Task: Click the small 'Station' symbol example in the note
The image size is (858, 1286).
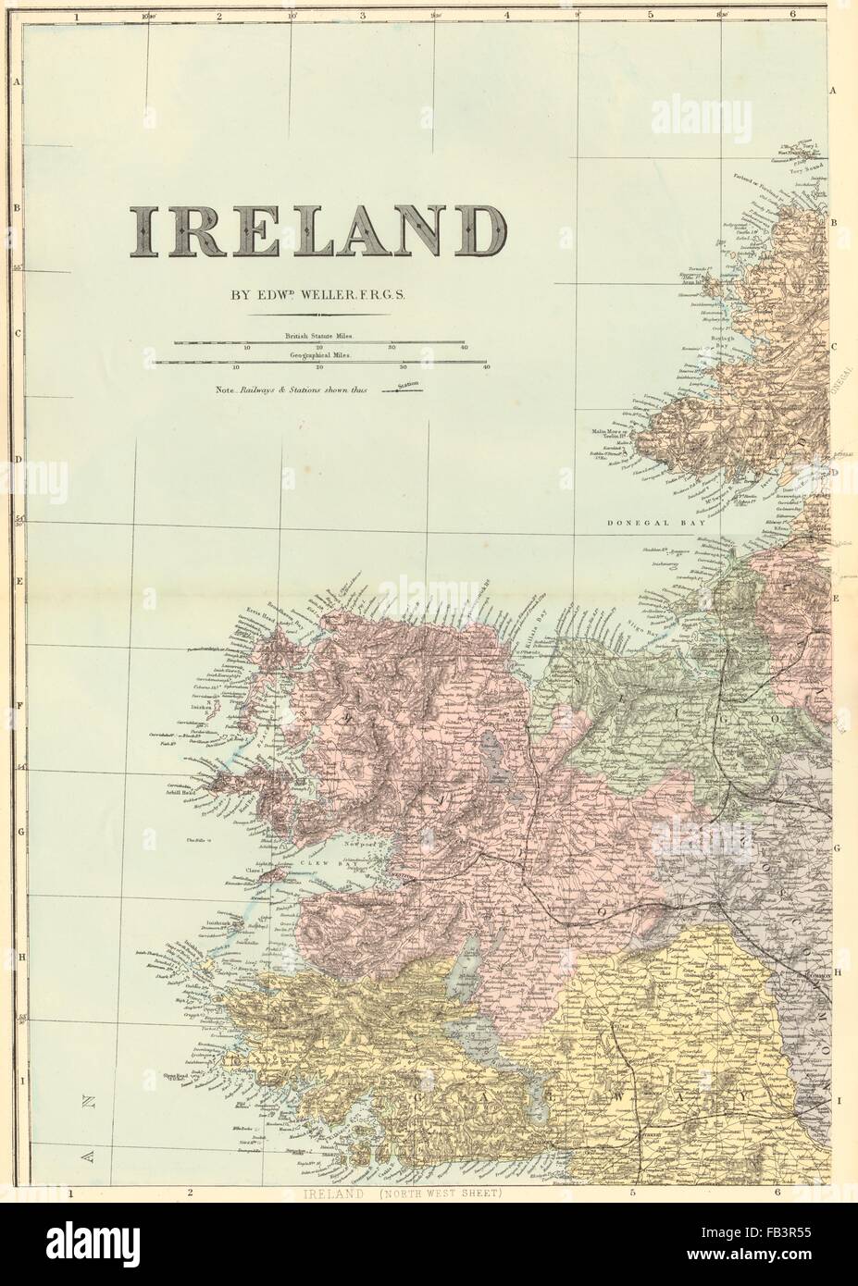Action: tap(406, 390)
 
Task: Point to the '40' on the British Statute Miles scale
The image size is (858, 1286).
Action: tap(462, 348)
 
